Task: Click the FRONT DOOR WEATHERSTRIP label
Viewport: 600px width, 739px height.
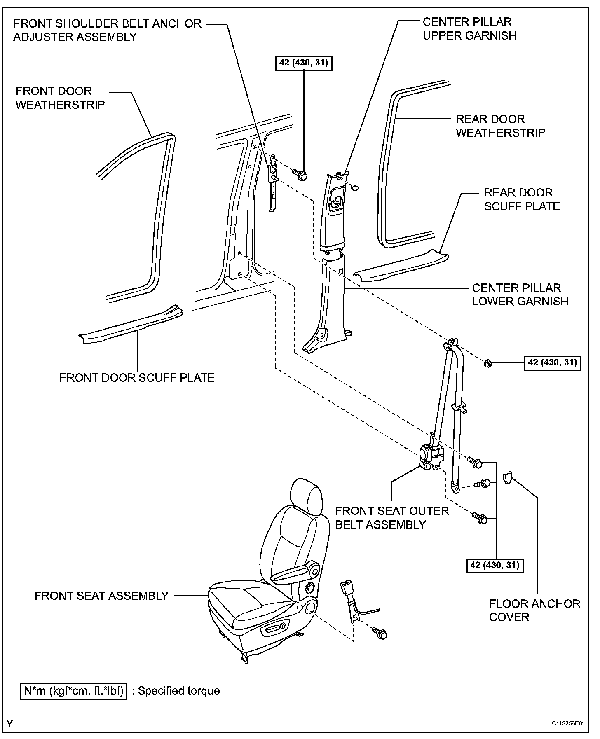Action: (x=60, y=98)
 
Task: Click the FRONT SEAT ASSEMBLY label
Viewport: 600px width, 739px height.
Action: (x=101, y=596)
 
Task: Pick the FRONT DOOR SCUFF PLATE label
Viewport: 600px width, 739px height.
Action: (x=137, y=378)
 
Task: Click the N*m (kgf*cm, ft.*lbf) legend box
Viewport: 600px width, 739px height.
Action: (x=74, y=690)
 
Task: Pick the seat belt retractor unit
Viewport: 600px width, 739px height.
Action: (x=431, y=457)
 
